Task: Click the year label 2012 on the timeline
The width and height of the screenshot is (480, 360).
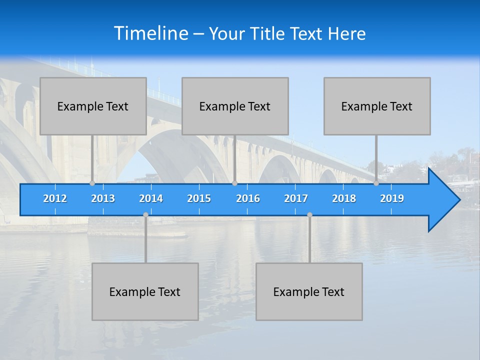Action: (55, 198)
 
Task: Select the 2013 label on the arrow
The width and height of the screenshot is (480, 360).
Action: (103, 198)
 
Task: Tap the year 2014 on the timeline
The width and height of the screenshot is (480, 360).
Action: (151, 198)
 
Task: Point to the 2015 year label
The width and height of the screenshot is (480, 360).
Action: (199, 198)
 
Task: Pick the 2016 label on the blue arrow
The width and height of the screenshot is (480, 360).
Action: (248, 198)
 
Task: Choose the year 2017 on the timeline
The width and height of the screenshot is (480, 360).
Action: (296, 198)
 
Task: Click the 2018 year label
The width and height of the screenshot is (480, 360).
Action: (344, 198)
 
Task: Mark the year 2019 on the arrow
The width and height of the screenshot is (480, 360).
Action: (392, 198)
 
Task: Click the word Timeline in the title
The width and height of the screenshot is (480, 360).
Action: (150, 33)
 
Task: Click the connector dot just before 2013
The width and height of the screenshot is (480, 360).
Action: (92, 183)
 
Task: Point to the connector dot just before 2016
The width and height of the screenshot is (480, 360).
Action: (234, 183)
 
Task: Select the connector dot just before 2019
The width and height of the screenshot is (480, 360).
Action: (376, 183)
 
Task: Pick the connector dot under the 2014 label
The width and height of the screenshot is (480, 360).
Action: (145, 215)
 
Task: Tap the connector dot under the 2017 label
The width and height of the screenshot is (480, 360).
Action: (309, 215)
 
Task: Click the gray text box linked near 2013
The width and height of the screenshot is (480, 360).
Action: (93, 106)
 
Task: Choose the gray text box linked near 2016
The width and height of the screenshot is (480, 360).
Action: (235, 106)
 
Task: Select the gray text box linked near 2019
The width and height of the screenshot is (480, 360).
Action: (377, 106)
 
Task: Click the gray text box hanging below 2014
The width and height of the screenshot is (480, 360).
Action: (145, 291)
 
